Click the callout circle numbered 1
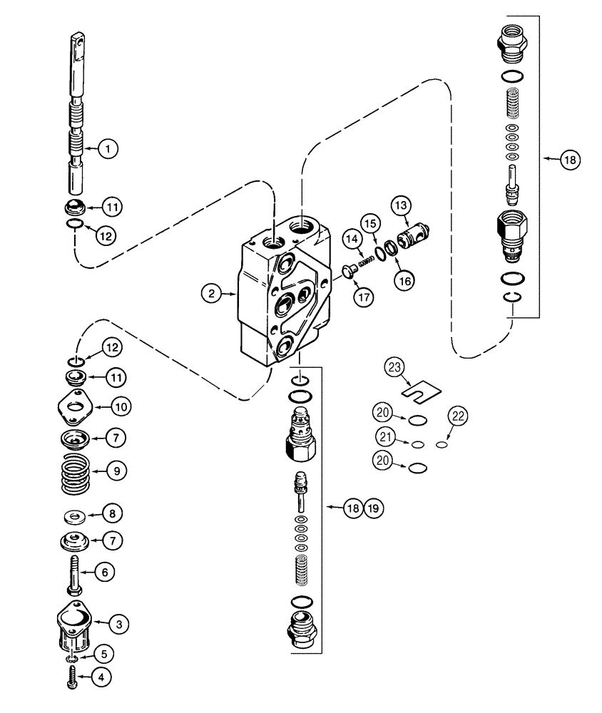pyautogui.click(x=108, y=149)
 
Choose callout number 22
pyautogui.click(x=459, y=415)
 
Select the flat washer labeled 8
pyautogui.click(x=75, y=514)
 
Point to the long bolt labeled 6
pyautogui.click(x=75, y=573)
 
